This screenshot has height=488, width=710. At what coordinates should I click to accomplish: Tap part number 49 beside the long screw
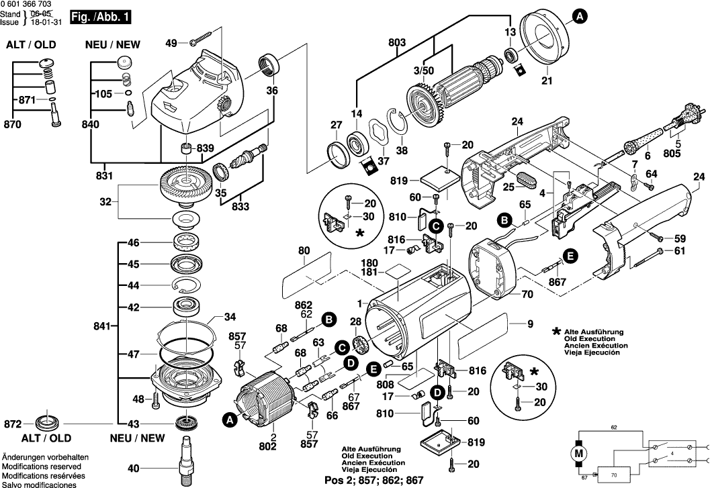[x=171, y=43]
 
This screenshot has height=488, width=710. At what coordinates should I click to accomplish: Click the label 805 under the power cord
[x=684, y=152]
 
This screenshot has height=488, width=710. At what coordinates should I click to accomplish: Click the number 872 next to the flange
[x=13, y=424]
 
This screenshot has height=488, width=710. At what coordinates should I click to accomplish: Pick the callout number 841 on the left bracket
[x=102, y=326]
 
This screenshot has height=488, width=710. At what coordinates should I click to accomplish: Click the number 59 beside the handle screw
[x=680, y=238]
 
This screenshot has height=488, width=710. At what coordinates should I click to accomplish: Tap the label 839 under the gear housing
[x=206, y=148]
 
